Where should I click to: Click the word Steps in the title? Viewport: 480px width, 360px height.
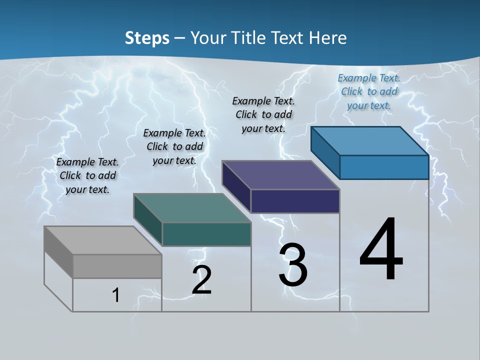tap(147, 38)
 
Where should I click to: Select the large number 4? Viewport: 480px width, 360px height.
tap(381, 250)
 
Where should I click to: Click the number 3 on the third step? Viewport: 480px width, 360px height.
tap(293, 265)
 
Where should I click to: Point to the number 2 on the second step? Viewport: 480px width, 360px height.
tap(201, 280)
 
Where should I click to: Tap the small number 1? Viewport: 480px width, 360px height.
tap(115, 295)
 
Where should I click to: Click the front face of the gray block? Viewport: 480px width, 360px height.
tap(117, 266)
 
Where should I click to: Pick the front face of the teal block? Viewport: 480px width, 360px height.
tap(206, 234)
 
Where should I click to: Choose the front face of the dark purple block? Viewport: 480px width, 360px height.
tap(295, 201)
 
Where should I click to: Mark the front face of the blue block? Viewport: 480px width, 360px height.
tap(384, 167)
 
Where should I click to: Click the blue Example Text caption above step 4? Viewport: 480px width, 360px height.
tap(369, 91)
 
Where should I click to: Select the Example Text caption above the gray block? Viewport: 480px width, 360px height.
tap(87, 175)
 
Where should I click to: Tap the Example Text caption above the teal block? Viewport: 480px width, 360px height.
tap(174, 146)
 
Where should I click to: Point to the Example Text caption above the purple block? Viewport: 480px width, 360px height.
tap(263, 114)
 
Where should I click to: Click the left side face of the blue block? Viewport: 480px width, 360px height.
tap(325, 152)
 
